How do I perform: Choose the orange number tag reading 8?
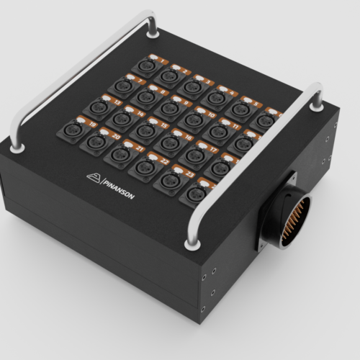pos(163,92)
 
